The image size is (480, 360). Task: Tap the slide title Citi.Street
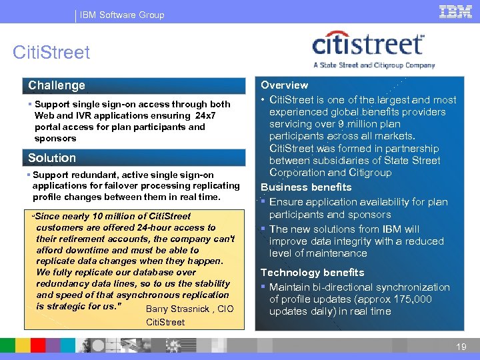51,53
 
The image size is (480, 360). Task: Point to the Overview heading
284,85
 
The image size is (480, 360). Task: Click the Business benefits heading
306,187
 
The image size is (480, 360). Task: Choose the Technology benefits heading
312,272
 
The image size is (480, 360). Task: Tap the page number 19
461,346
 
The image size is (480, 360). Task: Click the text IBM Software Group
122,15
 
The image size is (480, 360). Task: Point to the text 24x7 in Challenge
205,115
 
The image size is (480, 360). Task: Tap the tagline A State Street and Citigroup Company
373,65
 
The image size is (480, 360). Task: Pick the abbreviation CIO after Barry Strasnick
225,309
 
